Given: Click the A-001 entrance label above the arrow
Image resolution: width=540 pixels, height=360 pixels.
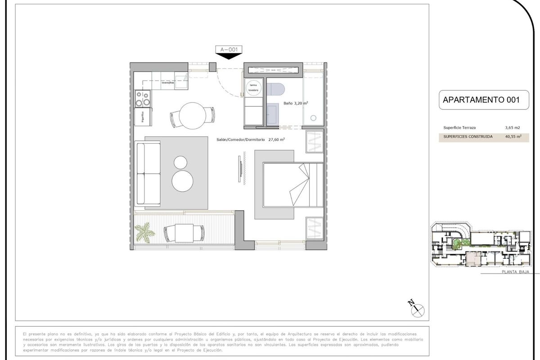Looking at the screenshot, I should coord(229,49).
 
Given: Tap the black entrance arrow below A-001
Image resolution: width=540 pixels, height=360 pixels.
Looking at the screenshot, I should coord(229,56).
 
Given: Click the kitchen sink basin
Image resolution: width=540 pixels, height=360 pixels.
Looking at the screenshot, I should coord(182,82).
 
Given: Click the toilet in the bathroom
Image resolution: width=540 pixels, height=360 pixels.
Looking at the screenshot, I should coord(275,89).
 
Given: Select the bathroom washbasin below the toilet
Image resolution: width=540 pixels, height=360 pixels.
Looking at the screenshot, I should coord(272,113).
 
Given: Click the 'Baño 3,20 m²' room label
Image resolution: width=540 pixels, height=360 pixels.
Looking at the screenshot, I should coord(296,103).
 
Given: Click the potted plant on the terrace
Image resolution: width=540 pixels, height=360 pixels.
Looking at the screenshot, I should coord(145,232).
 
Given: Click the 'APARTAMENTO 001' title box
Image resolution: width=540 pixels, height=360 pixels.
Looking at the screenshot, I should coord(481,100).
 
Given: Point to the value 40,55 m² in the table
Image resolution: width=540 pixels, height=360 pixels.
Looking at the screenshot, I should coord(513,136).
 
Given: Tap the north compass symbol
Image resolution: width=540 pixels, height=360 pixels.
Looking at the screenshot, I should coord(417,309).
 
